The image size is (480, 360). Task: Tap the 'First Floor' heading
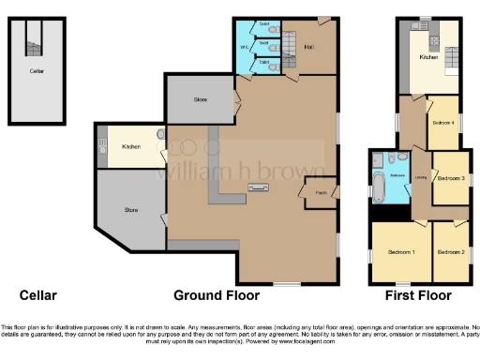point(421,294)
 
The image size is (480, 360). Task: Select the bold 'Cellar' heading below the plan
point(37,294)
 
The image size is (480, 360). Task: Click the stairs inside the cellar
point(36,37)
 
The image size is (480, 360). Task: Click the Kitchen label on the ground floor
point(131,146)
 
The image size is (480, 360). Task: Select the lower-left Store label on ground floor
point(131,210)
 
